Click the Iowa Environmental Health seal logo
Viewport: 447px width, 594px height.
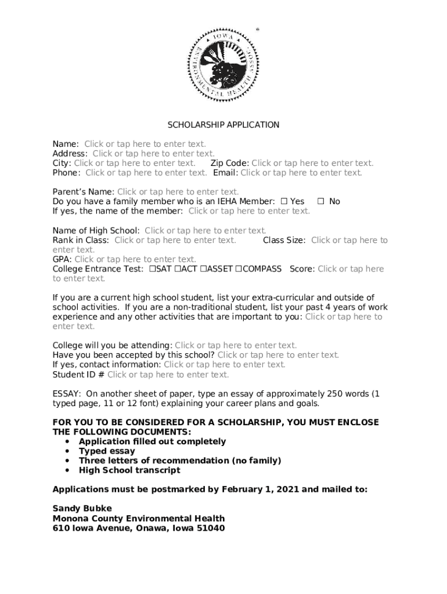[x=222, y=64]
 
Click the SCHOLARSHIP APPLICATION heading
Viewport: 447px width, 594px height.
[x=223, y=125]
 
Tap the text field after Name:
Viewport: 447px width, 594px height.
[x=145, y=144]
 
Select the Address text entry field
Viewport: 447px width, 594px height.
[x=153, y=154]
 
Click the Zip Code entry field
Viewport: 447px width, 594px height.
[x=312, y=163]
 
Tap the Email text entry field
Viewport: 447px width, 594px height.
[x=301, y=173]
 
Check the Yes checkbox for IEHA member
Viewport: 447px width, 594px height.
[x=284, y=201]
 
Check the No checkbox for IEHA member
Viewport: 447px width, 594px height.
[x=320, y=201]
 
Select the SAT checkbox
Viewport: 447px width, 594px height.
[x=152, y=269]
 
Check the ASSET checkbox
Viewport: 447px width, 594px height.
[x=204, y=269]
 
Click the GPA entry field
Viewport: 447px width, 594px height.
[x=135, y=259]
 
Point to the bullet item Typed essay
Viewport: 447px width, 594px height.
[x=107, y=451]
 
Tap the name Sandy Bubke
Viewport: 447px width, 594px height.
[x=82, y=509]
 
